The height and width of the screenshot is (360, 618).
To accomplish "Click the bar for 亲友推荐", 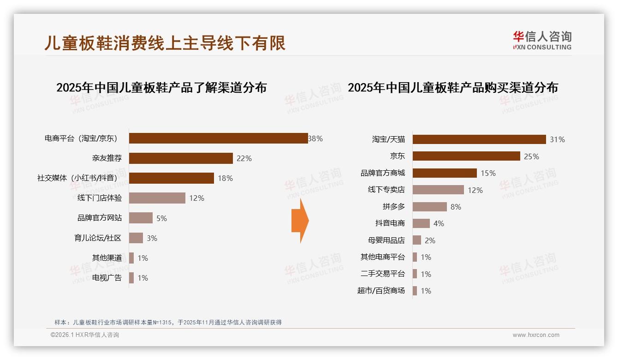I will click(181, 158).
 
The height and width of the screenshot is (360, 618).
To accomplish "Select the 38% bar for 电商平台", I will click(218, 138).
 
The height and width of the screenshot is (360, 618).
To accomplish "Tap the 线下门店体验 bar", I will click(157, 198).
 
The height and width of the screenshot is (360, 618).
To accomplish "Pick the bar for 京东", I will click(466, 156).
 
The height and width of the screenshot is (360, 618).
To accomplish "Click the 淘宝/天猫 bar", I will click(479, 139).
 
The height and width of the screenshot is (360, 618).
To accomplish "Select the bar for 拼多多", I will click(429, 207).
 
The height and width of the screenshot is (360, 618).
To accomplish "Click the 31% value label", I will click(557, 139).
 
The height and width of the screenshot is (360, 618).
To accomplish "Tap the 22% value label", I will click(244, 158).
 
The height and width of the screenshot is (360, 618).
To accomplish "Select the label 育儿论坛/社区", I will click(98, 238).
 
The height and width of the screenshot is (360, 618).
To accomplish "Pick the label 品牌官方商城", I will click(383, 173).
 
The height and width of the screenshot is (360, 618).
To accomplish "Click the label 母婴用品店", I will click(386, 240).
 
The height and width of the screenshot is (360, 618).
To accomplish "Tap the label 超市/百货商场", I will click(381, 291).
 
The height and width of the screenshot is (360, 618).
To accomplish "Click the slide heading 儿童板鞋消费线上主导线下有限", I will click(165, 43).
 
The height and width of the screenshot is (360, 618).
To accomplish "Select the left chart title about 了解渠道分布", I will click(161, 88).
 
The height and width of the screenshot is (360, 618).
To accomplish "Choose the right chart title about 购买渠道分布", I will click(452, 88).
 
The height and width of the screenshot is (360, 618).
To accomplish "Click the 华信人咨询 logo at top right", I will click(542, 41).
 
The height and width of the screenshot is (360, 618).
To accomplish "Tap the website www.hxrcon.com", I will click(536, 335).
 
